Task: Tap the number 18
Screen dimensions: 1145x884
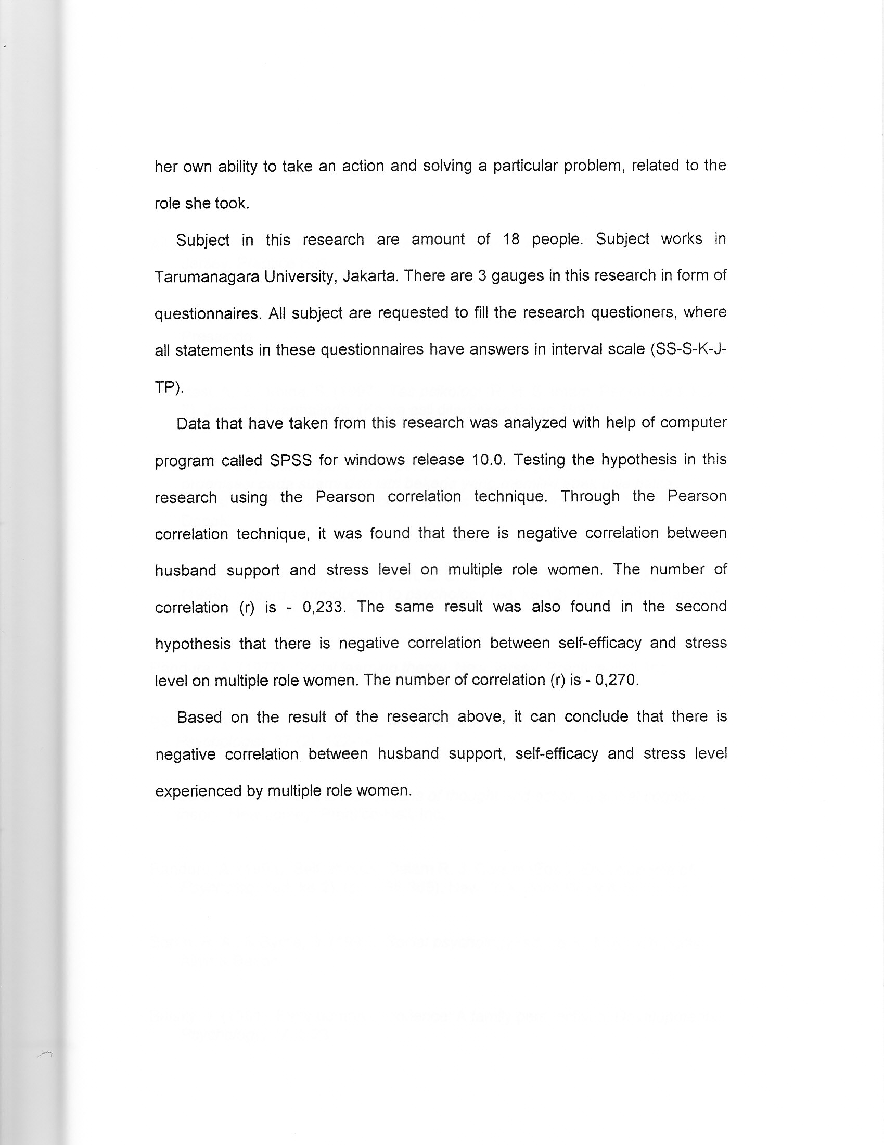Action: (511, 239)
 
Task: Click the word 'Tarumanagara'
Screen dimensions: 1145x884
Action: (207, 276)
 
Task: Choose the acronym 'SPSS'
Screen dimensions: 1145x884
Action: (291, 460)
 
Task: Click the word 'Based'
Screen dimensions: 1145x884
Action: (199, 717)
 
